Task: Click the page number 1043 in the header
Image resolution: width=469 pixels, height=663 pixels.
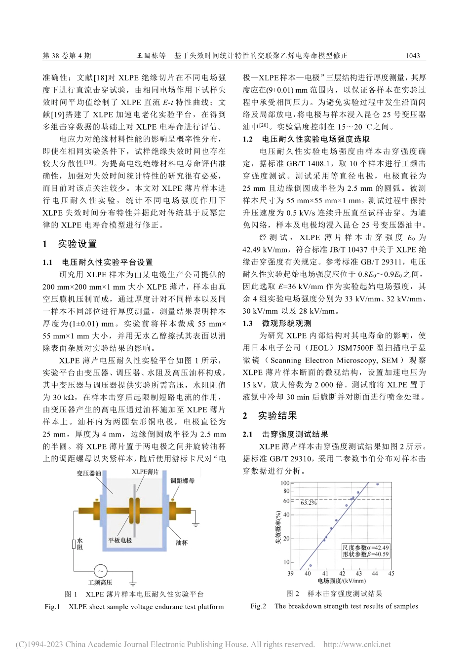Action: [x=412, y=56]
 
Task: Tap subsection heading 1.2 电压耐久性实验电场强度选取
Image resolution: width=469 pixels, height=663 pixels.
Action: [x=306, y=139]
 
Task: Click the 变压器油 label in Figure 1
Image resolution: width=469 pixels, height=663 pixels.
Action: [x=88, y=474]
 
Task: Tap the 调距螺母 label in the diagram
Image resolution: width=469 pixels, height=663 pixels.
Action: [x=182, y=480]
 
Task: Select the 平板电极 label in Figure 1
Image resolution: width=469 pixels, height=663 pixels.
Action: [x=120, y=541]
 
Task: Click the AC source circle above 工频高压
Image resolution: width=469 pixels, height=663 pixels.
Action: [x=100, y=571]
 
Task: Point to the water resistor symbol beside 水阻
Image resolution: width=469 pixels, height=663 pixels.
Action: [x=74, y=544]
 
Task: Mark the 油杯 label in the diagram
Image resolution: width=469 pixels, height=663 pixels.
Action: [x=182, y=543]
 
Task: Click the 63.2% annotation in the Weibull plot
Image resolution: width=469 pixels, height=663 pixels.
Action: [x=309, y=503]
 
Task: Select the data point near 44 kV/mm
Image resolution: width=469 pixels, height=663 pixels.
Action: [x=377, y=484]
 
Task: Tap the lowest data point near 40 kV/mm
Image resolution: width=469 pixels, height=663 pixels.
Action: [x=310, y=565]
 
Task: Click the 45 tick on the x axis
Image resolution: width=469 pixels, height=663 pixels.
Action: [x=391, y=573]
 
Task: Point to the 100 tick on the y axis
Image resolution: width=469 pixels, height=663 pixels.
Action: [x=285, y=483]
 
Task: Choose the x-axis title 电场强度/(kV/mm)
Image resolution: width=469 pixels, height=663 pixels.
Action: [x=342, y=581]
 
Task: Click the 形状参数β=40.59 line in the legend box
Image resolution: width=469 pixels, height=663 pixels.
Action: [x=365, y=554]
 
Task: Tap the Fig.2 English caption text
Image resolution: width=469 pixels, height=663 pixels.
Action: [x=334, y=606]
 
